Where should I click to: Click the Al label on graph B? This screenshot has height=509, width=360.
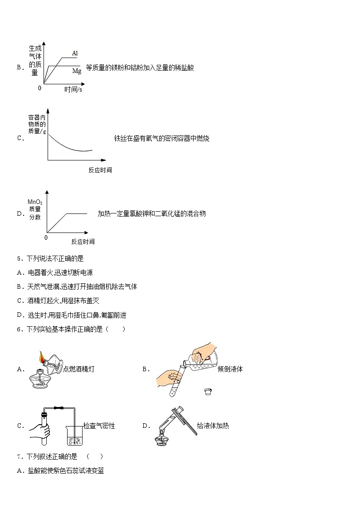click(x=75, y=53)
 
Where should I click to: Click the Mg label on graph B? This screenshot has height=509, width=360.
click(x=77, y=71)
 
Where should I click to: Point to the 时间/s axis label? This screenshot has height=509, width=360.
click(x=73, y=90)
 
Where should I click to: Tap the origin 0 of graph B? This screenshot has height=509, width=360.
click(x=39, y=88)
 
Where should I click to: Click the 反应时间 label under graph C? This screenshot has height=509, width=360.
click(x=100, y=170)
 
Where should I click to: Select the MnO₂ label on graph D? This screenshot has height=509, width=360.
click(x=35, y=202)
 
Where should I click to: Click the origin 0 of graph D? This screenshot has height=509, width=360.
click(x=46, y=238)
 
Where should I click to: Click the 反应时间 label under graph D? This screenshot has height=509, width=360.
click(x=83, y=242)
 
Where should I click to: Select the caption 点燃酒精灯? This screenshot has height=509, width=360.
click(x=79, y=369)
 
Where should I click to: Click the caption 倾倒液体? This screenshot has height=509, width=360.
click(x=230, y=369)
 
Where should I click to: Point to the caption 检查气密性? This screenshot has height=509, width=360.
click(x=99, y=426)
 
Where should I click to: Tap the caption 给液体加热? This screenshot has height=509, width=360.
click(x=213, y=426)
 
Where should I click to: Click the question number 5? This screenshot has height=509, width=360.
click(x=19, y=259)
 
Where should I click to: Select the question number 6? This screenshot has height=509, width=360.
click(x=19, y=330)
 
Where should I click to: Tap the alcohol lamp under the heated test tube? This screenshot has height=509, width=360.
click(x=162, y=439)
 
